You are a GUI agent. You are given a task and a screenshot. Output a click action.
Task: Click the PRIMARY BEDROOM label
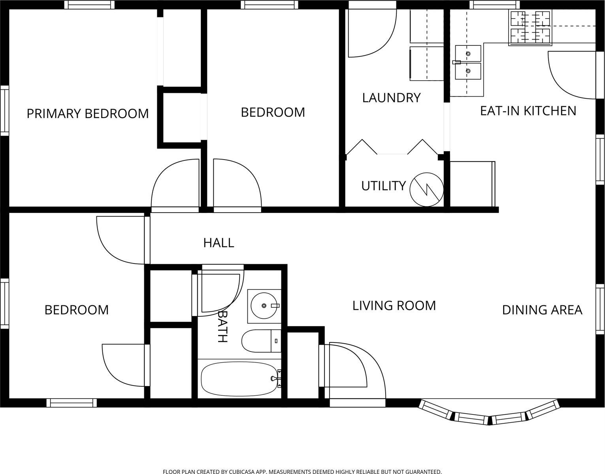pos(88,113)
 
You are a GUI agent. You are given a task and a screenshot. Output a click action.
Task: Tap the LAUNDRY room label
pos(391,98)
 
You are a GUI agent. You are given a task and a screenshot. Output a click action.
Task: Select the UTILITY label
pos(383,186)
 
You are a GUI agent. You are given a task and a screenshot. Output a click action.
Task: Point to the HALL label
pos(219,243)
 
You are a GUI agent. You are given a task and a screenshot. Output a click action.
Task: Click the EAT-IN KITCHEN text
pos(528,111)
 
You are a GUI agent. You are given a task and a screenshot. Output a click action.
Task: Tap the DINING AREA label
pos(542,310)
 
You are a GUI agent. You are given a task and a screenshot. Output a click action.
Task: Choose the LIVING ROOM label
pos(394,305)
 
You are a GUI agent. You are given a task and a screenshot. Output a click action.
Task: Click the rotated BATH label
pos(223,326)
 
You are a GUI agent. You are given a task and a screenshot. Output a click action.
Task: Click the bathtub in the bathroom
pos(240,378)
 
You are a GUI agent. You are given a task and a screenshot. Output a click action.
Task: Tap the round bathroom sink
pos(264,306)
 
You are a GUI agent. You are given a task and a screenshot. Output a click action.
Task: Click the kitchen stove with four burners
pos(530,27)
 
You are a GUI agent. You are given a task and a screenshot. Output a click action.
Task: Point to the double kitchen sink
pos(468,62)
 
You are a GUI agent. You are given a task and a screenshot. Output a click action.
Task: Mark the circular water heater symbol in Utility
pos(426,190)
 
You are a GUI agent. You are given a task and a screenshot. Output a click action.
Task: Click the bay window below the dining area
pos(489,412)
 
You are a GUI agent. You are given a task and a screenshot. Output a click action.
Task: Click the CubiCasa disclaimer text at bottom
pos(302,472)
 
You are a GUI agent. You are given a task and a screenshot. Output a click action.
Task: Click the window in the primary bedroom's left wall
pos(5,111)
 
